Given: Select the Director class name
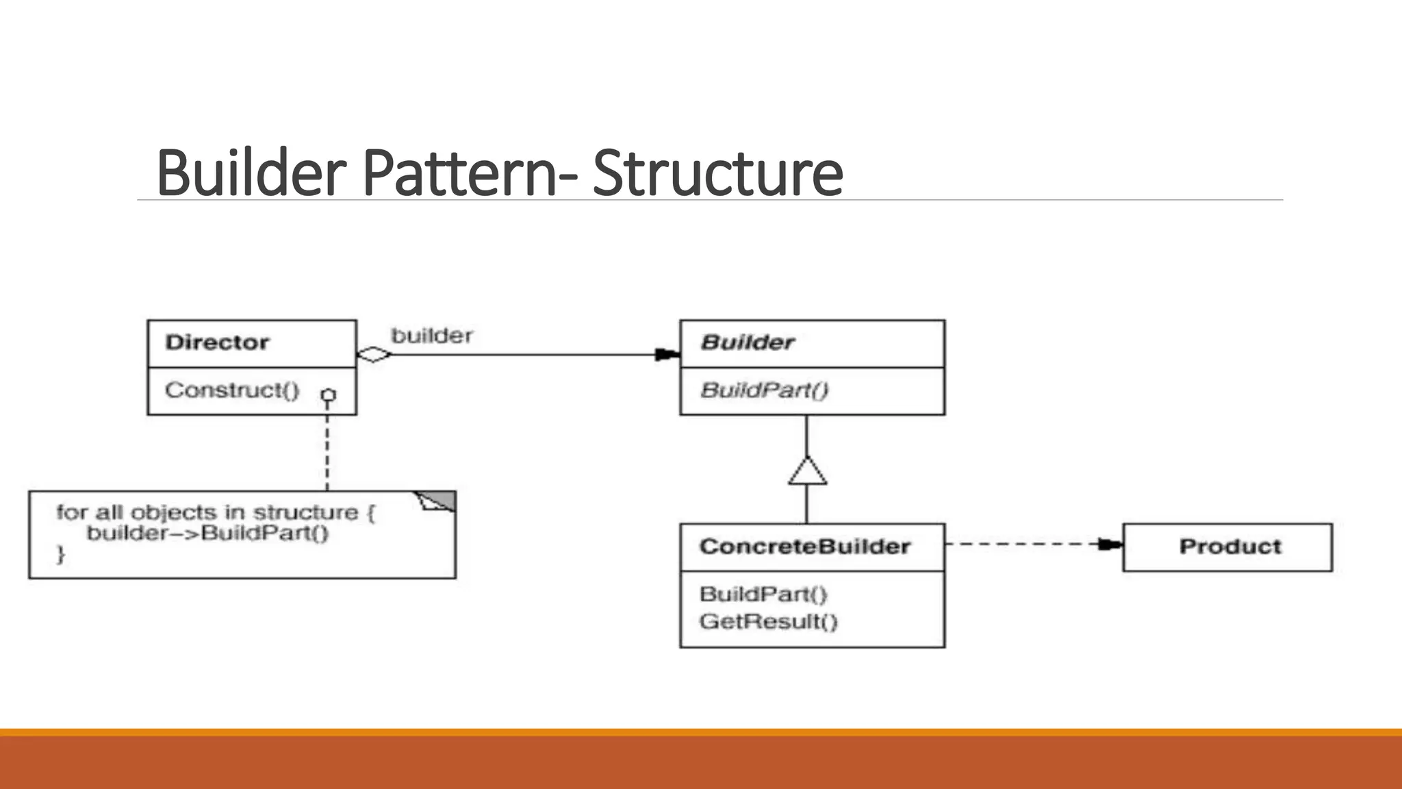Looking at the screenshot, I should pos(217,342).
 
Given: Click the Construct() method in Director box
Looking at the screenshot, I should pos(232,390).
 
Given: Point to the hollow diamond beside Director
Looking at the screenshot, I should pos(374,354).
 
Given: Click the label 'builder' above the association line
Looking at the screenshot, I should pos(431,336).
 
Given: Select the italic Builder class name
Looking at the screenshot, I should pos(748,342).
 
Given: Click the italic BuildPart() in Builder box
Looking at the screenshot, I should pos(764,390).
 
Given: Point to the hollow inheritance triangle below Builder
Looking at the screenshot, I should pos(807,472).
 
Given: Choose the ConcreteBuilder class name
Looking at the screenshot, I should pos(804,547).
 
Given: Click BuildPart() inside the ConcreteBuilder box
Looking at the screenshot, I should pos(763,594).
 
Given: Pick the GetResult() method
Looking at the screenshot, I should pos(768,622).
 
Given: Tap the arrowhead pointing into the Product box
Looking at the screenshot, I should pos(1110,544).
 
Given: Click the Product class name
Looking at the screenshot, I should pos(1230,547).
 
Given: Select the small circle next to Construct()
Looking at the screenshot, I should pos(329,395).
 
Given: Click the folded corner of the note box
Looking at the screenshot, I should pos(438,501).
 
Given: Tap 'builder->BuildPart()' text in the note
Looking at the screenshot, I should pos(208,533).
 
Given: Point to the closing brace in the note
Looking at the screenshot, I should pos(61,553).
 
